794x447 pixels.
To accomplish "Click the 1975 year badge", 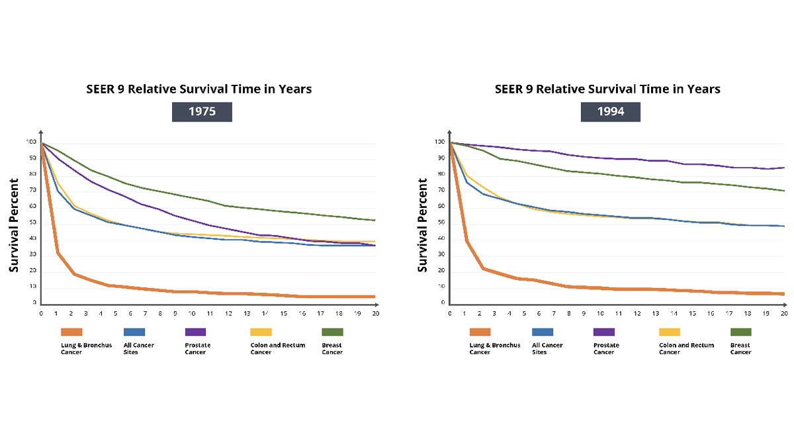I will tap(202, 111).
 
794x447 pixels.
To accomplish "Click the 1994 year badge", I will tap(610, 111).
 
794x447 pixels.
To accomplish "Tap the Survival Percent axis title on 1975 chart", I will tap(13, 225).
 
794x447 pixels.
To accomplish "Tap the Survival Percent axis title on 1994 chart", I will tap(421, 225).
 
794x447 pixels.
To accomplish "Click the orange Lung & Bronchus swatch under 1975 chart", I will tap(71, 332).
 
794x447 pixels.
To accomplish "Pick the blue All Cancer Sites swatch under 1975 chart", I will tap(134, 332).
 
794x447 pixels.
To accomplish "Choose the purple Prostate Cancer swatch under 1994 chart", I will tap(604, 332).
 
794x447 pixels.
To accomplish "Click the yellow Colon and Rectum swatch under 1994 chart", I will tap(670, 332).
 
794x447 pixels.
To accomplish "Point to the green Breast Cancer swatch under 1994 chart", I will tap(741, 332).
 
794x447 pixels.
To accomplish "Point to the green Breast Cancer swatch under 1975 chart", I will tap(332, 332).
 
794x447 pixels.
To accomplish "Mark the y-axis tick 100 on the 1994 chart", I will tap(439, 142).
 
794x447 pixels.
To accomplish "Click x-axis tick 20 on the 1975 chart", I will tap(375, 313).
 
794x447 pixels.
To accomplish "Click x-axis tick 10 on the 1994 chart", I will tap(600, 313).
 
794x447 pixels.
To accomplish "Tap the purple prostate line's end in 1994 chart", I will tap(784, 168).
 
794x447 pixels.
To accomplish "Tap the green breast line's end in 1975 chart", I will tap(375, 220).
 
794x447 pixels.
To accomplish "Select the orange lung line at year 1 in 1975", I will tap(58, 252).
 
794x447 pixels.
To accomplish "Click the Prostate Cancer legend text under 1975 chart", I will tap(195, 348).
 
